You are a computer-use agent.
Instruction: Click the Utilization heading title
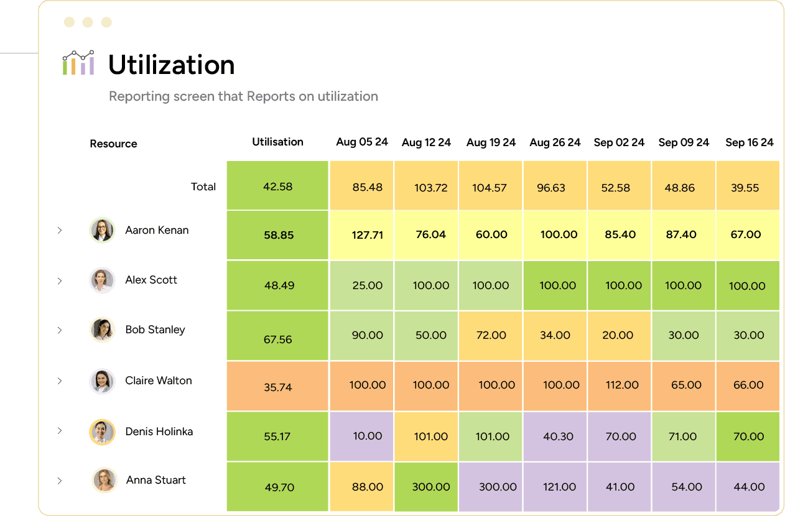(171, 65)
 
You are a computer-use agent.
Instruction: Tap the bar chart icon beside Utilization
(78, 63)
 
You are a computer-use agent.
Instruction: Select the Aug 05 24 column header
(362, 142)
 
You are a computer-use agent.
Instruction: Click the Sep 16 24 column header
(749, 142)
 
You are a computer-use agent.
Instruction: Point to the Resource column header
(113, 144)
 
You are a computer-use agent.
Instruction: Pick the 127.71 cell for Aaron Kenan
(367, 235)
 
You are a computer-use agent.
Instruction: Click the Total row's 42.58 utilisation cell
(277, 186)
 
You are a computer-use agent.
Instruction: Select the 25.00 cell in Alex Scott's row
(367, 285)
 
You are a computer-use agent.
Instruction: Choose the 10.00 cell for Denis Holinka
(367, 436)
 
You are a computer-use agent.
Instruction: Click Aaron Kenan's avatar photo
(102, 230)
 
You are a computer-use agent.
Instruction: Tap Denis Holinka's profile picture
(102, 432)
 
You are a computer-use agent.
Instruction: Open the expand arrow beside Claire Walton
(60, 381)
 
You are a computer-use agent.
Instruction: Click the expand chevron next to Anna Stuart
(60, 481)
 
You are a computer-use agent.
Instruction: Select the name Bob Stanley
(155, 329)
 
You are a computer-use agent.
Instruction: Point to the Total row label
(203, 187)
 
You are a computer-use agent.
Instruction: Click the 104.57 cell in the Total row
(490, 187)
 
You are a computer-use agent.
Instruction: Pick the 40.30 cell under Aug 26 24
(558, 436)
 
